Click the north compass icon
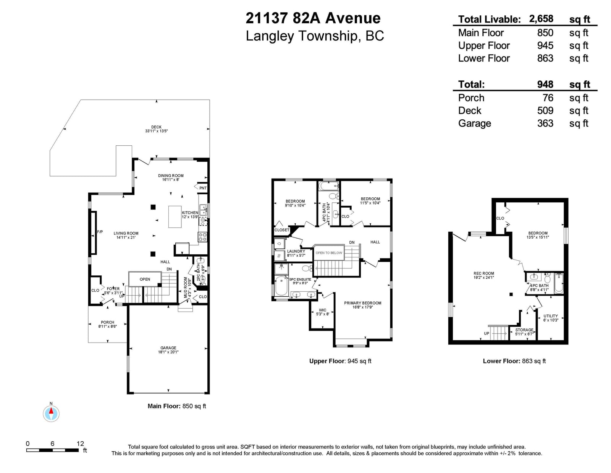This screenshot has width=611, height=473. [x=51, y=413]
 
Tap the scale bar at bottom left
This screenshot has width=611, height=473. [x=52, y=450]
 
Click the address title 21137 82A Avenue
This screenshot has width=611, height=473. [x=313, y=18]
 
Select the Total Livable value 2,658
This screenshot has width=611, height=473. [x=541, y=19]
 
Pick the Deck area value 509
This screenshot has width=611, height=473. [x=545, y=111]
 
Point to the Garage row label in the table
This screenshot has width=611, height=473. [x=475, y=124]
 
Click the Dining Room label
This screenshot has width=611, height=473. [x=171, y=176]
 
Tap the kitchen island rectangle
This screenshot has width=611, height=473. [x=175, y=216]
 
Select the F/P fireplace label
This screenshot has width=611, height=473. [x=100, y=232]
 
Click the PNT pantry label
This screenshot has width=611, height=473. [x=203, y=188]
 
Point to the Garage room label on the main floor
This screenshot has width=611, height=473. [x=168, y=348]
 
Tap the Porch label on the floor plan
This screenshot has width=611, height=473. [x=107, y=322]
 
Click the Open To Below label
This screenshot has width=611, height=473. [x=329, y=253]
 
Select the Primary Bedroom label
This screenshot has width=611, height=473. [x=363, y=303]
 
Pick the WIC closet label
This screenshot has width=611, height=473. [x=323, y=310]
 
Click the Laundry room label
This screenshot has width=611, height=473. [x=296, y=251]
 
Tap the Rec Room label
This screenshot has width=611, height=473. [x=483, y=273]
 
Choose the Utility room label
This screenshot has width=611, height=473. [x=551, y=316]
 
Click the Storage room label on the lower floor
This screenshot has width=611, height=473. [x=524, y=330]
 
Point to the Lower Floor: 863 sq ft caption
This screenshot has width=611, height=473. [x=514, y=361]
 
